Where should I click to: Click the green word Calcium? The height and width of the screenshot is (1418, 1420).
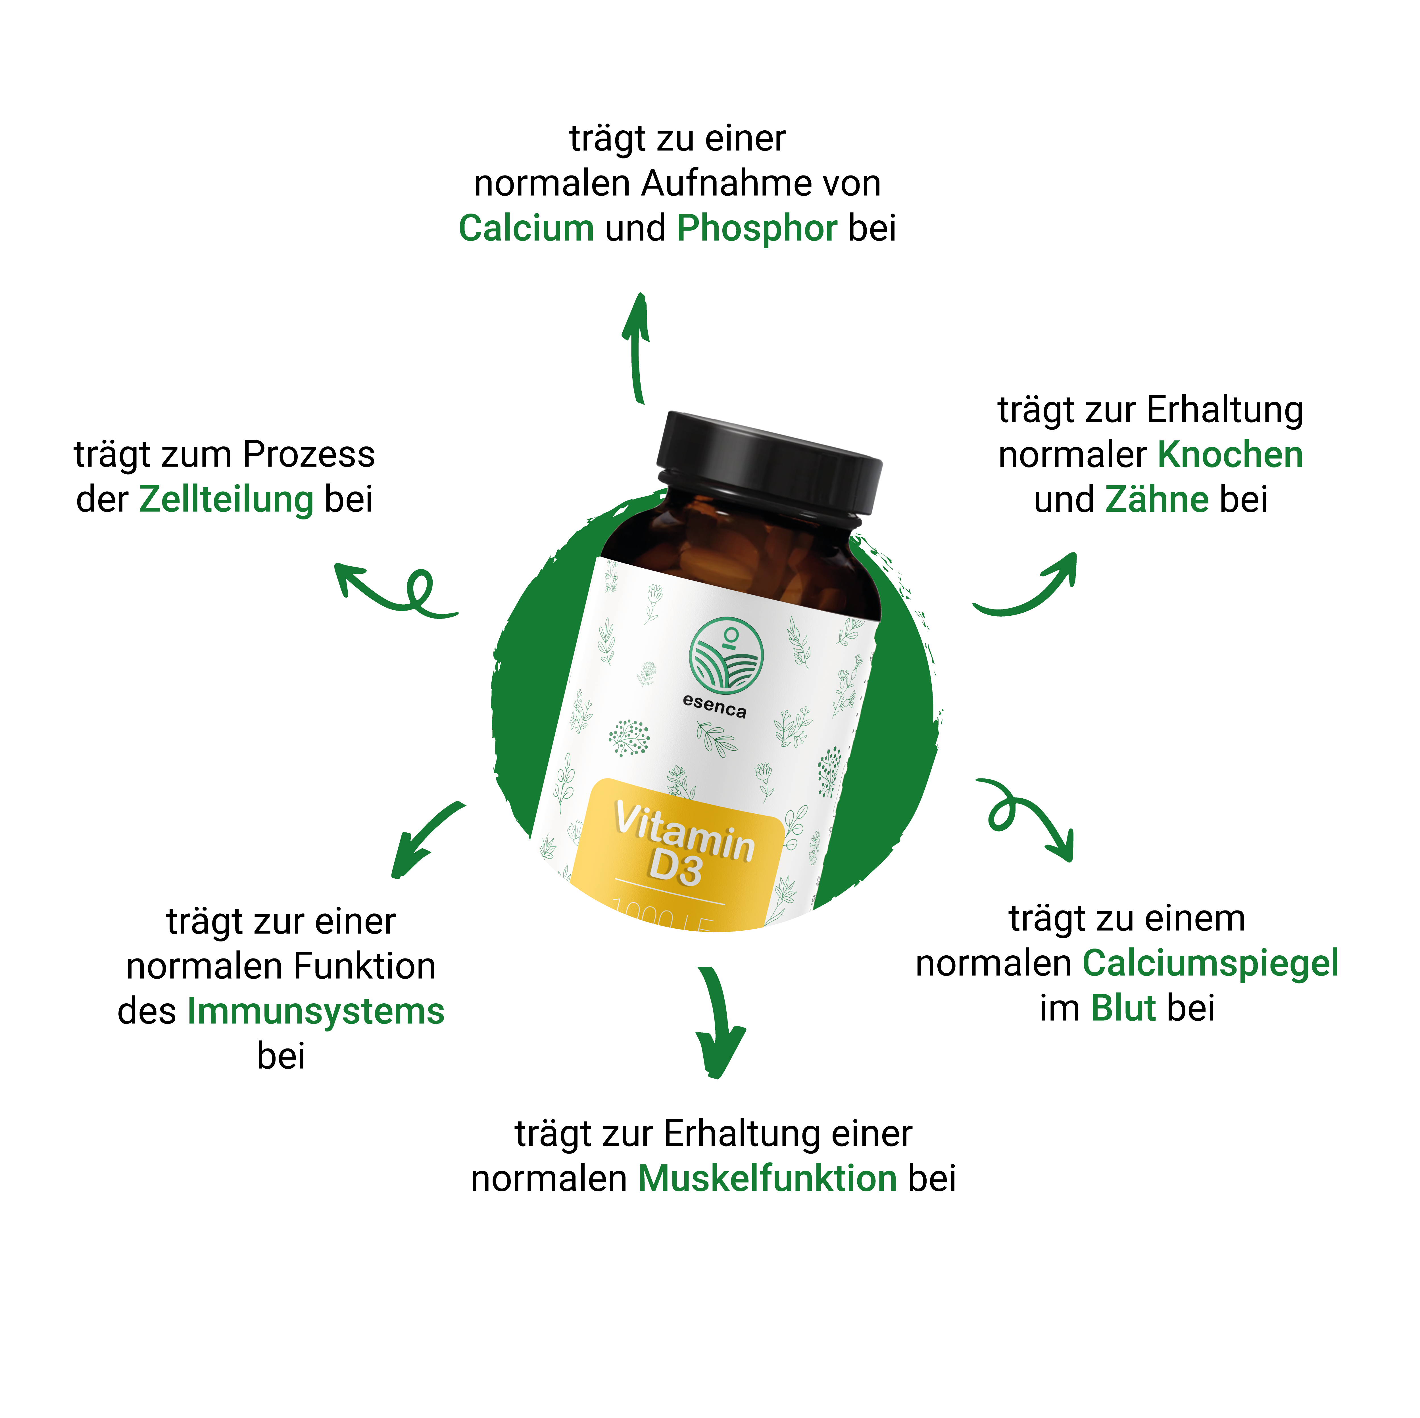[x=526, y=229]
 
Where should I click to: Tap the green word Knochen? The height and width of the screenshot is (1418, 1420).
[x=1230, y=455]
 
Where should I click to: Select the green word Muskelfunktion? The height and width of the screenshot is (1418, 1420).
[x=767, y=1179]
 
